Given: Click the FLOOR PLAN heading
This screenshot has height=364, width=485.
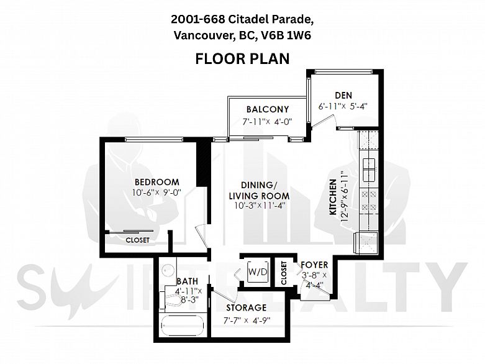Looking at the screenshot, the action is tap(242, 59).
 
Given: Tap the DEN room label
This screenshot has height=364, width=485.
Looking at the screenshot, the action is tap(343, 95).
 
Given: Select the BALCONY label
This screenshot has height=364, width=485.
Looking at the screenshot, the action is tap(268, 109).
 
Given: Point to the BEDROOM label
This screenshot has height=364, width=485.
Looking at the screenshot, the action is tap(157, 182).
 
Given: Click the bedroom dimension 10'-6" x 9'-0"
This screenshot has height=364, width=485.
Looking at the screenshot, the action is tap(156, 193).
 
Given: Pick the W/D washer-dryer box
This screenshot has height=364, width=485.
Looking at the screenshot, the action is tap(258, 272).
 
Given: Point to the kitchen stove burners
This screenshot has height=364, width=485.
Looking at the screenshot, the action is tap(369, 201).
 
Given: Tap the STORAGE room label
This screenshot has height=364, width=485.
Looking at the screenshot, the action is tap(246, 307).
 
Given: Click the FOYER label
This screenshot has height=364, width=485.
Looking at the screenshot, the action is tap(314, 265).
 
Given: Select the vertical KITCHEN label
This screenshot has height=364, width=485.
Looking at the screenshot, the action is tap(333, 197).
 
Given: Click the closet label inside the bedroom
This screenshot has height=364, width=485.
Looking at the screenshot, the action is tap(137, 240).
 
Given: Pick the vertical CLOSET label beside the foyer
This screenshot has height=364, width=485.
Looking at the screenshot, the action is tap(284, 273).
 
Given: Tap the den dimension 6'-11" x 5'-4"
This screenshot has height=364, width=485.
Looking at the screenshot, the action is tap(343, 106).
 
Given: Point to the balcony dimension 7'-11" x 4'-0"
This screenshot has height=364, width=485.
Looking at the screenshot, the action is tap(267, 121).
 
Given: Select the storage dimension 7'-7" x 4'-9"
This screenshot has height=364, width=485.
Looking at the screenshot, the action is tap(247, 321).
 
